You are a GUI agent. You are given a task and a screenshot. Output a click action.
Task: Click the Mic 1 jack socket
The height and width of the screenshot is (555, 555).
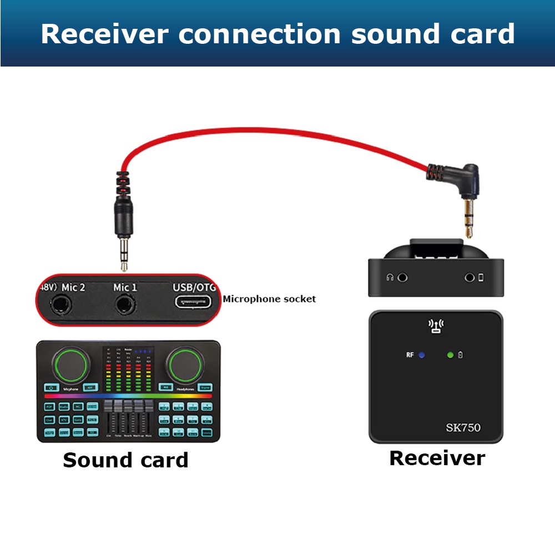click(125, 304)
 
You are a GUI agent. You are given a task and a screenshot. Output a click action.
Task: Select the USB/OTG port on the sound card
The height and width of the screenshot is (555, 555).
click(194, 302)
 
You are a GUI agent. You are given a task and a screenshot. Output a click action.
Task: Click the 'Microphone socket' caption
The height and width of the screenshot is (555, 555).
click(269, 299)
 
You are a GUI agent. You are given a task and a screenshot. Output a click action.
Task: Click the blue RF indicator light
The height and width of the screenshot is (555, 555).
click(421, 354)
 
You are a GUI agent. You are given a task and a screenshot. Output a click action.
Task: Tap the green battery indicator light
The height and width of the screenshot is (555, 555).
click(450, 355)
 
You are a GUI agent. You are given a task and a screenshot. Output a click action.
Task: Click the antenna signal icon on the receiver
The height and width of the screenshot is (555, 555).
click(436, 326)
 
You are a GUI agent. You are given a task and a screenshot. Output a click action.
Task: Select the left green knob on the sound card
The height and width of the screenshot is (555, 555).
click(70, 365)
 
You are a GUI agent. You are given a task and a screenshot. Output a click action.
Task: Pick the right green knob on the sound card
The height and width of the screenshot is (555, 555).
click(186, 365)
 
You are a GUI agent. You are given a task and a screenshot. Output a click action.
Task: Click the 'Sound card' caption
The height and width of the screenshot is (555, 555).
click(125, 460)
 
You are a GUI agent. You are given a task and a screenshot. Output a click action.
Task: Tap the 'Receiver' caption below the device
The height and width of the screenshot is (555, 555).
click(437, 458)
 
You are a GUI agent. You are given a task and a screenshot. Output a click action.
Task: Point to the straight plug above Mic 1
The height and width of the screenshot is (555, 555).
click(123, 222)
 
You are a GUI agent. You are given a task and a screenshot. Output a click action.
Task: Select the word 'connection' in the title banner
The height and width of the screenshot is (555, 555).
click(259, 34)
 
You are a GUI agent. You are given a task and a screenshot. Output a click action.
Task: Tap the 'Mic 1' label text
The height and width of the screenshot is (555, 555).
click(125, 287)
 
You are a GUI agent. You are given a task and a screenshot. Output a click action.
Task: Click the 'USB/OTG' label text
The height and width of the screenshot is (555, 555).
click(194, 287)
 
